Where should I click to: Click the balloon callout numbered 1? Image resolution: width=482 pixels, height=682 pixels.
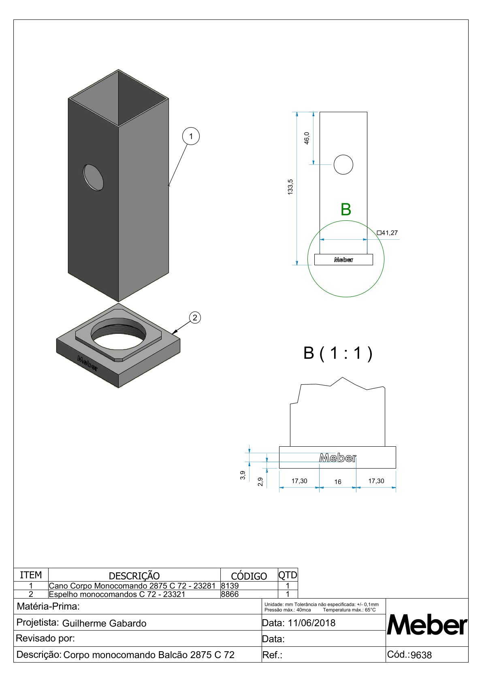pyautogui.click(x=191, y=136)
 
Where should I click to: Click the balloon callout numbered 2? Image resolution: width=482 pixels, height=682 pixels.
pyautogui.click(x=195, y=318)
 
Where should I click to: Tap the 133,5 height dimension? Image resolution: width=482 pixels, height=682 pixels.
pyautogui.click(x=290, y=187)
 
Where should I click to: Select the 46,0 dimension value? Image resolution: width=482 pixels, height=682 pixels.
pyautogui.click(x=307, y=138)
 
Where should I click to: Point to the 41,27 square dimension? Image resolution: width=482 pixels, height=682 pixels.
pyautogui.click(x=387, y=233)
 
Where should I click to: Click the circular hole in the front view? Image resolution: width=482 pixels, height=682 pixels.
pyautogui.click(x=343, y=164)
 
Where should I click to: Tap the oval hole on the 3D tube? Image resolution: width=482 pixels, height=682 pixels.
pyautogui.click(x=93, y=177)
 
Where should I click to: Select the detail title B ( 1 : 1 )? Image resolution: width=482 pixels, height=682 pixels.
pyautogui.click(x=338, y=353)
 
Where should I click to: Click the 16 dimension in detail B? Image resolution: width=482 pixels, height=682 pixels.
pyautogui.click(x=338, y=482)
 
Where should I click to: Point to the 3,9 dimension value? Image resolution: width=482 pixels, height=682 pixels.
pyautogui.click(x=243, y=475)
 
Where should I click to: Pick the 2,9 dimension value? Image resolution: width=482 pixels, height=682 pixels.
pyautogui.click(x=260, y=482)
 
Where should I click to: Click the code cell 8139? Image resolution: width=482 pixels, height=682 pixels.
pyautogui.click(x=230, y=586)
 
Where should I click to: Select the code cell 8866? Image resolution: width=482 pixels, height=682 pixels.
pyautogui.click(x=230, y=594)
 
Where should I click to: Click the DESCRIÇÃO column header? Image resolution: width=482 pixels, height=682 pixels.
pyautogui.click(x=134, y=575)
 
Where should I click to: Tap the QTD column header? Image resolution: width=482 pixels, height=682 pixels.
pyautogui.click(x=288, y=575)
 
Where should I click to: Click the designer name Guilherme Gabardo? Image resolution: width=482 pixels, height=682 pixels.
pyautogui.click(x=104, y=623)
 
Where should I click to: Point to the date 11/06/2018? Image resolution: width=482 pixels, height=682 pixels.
pyautogui.click(x=311, y=623)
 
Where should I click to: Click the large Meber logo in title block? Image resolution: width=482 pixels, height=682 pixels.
pyautogui.click(x=427, y=625)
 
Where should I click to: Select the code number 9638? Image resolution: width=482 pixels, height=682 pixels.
pyautogui.click(x=421, y=655)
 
